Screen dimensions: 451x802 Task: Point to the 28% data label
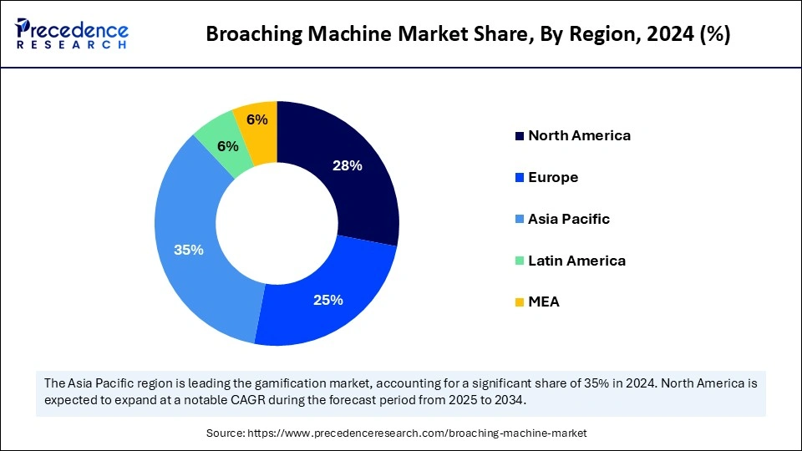coord(348,165)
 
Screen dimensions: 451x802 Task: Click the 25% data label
coord(328,300)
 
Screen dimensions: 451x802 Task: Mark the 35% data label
coord(188,249)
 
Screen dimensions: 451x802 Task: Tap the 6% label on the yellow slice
coord(257,119)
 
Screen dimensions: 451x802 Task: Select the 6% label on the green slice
coord(228,146)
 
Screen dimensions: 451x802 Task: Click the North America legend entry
coord(578,135)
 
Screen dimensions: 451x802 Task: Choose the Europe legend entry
coord(552,177)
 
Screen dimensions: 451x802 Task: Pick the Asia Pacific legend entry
coord(568,219)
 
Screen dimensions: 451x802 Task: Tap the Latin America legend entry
coord(576,261)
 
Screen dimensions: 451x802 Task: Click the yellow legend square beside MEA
coord(520,302)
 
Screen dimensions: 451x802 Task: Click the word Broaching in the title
coord(247,35)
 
